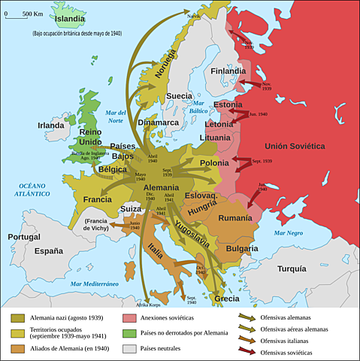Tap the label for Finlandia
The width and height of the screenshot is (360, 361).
point(228,71)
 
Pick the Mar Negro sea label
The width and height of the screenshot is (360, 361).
point(289,233)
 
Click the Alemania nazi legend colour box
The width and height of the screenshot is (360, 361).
point(14,318)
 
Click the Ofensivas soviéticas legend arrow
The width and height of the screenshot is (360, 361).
point(247,350)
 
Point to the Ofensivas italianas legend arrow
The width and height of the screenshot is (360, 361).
point(247,339)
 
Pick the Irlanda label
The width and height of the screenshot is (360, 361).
point(51,125)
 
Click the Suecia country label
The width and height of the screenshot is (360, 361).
point(179,96)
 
